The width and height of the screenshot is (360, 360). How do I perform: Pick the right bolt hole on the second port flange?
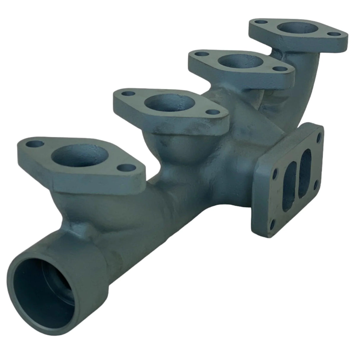pyautogui.click(x=211, y=113)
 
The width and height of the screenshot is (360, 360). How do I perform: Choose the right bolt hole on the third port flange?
pyautogui.click(x=278, y=69)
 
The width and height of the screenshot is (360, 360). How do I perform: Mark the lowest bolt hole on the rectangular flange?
pyautogui.click(x=272, y=221)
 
